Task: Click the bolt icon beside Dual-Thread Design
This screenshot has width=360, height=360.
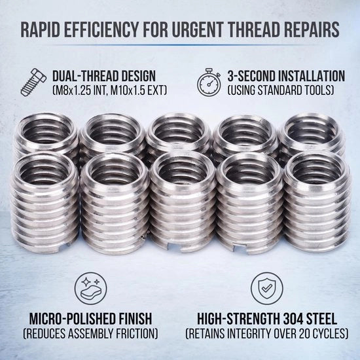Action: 33,82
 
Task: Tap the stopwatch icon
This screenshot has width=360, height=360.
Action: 209,82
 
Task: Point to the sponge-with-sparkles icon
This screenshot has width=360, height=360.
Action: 90,288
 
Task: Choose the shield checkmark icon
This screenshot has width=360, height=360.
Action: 266,288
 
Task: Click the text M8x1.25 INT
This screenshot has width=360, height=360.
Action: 80,90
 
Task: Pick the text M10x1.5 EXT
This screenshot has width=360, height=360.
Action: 137,90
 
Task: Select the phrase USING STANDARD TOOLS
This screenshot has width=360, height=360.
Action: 280,90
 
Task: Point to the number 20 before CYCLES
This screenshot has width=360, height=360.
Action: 304,334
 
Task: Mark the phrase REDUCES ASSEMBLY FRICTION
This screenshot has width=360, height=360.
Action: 90,334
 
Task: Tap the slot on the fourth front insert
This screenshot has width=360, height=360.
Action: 240,249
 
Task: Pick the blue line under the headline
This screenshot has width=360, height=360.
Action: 180,45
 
